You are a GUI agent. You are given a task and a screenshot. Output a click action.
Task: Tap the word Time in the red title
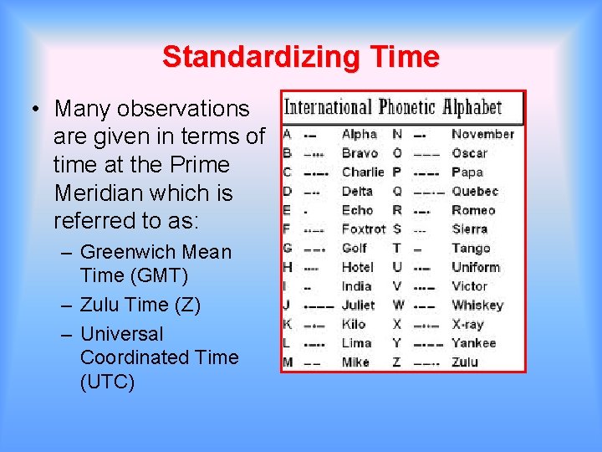pos(404,57)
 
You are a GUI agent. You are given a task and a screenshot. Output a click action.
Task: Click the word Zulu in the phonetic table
pos(465,362)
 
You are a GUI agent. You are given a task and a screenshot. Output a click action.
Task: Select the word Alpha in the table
pos(360,134)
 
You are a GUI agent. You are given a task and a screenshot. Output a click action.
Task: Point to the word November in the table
pos(482,134)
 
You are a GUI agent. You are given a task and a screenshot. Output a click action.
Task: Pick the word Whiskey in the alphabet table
pos(477,306)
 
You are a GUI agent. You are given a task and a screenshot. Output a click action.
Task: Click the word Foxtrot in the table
pos(364,229)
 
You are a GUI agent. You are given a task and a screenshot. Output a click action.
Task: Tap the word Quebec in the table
pos(475,191)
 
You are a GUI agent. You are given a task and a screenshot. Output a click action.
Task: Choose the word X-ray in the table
pos(467,324)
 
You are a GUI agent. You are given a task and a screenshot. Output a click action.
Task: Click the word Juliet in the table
pos(359,306)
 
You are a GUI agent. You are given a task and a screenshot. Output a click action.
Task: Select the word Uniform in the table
pos(476,267)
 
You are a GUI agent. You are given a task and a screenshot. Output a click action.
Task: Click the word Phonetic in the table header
pos(408,107)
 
